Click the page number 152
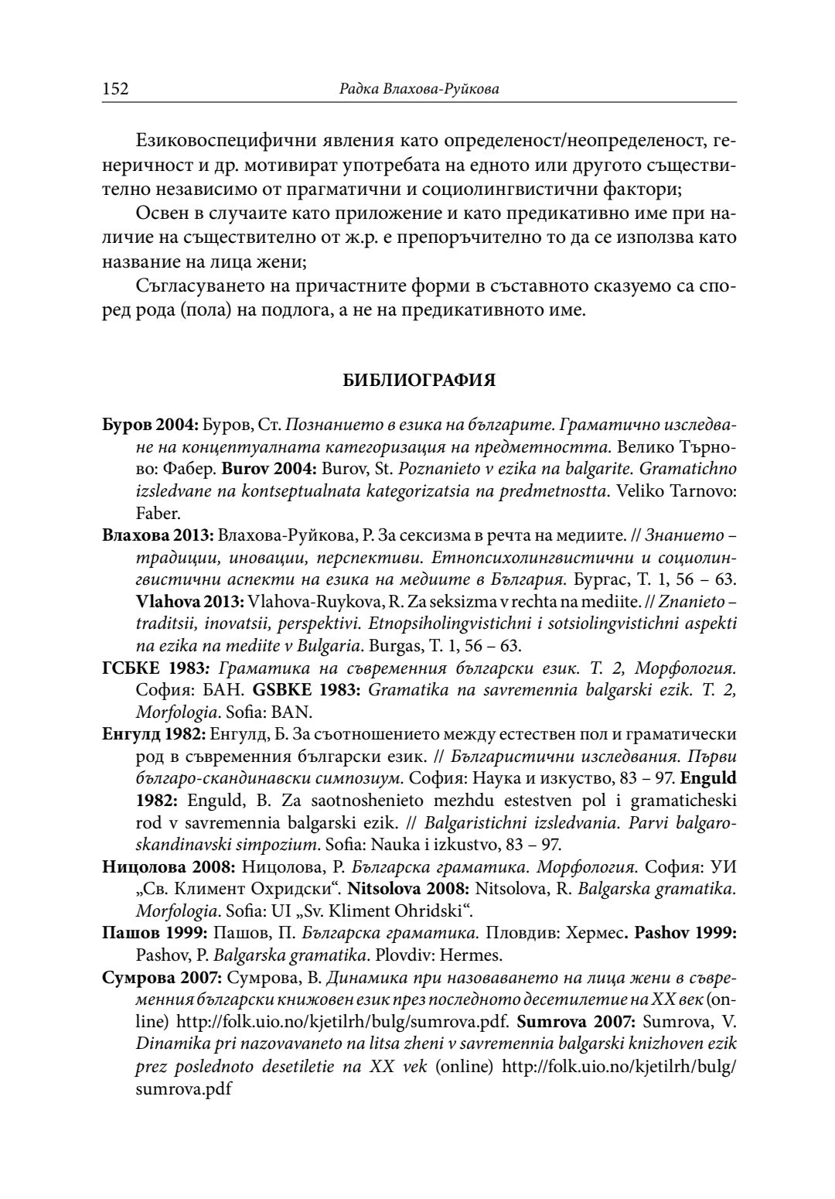click(x=115, y=89)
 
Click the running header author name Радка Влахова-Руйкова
click(x=419, y=90)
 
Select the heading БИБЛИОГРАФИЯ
click(x=418, y=381)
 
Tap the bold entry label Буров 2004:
click(x=151, y=425)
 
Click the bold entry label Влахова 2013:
click(x=159, y=535)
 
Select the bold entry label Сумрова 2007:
click(x=160, y=975)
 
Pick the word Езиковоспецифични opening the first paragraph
click(x=203, y=142)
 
